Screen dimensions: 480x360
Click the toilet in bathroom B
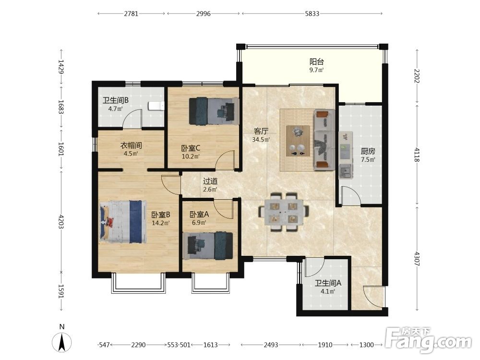pos(156,106)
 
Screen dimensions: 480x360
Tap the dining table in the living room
pos(284,212)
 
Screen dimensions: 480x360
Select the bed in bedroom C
pos(214,111)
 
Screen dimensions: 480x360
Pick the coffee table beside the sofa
pos(298,141)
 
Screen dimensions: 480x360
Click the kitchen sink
pos(346,171)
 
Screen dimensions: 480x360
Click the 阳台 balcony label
pos(316,62)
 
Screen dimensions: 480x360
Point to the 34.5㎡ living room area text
pos(261,140)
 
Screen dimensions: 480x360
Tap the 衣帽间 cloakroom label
pos(131,145)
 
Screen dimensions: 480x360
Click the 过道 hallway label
pos(210,181)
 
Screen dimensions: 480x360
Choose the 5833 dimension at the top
pos(312,13)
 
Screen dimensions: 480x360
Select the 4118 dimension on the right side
pos(417,154)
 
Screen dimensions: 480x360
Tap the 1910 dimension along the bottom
pos(325,345)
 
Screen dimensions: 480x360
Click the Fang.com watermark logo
pos(429,340)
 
